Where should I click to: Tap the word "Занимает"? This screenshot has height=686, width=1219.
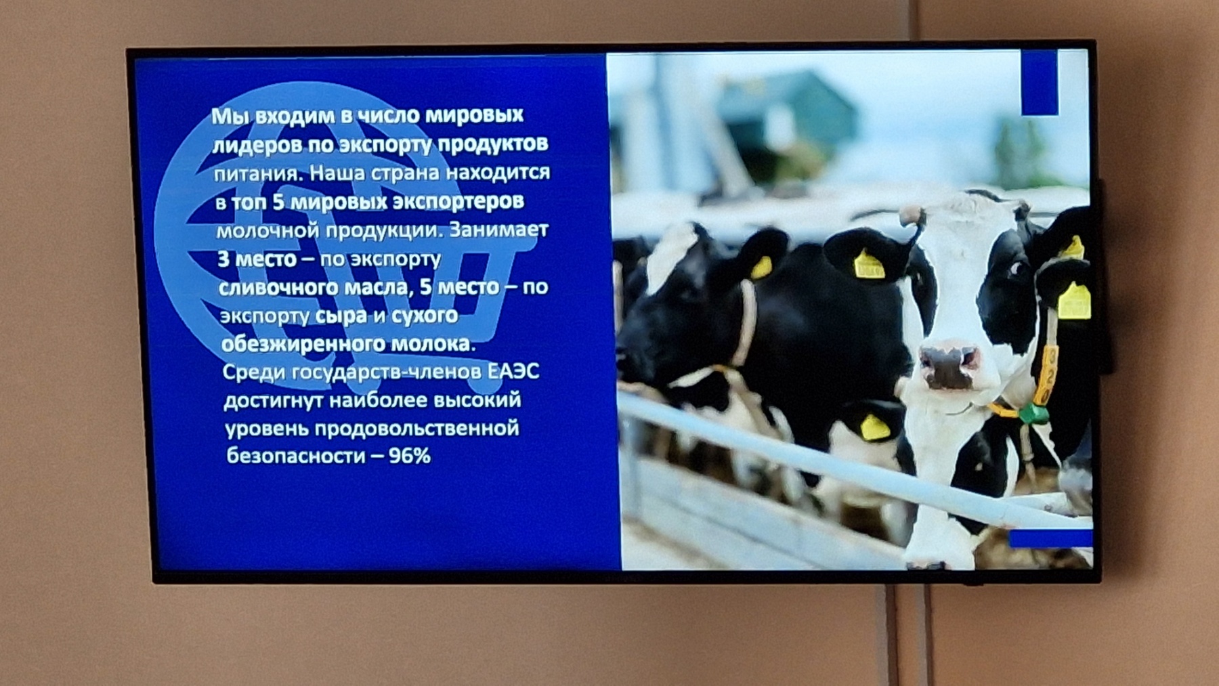coord(498,230)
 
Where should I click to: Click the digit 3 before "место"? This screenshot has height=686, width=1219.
coord(223,259)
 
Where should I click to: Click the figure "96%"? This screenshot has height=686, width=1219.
coord(410,456)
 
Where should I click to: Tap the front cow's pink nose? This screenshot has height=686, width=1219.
coord(949,366)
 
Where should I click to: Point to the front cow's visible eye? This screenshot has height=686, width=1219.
coord(1016,270)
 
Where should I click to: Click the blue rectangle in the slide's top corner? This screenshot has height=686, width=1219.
coord(1039,82)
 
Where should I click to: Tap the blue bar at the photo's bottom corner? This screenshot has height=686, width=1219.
coord(1050,538)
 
